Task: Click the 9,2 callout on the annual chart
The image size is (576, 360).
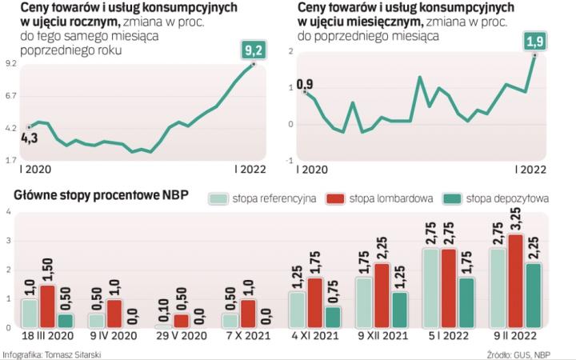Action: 254,50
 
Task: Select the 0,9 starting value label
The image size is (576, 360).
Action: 305,82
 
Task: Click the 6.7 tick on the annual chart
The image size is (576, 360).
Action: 12,96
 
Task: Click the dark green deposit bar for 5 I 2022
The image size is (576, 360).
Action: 466,302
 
